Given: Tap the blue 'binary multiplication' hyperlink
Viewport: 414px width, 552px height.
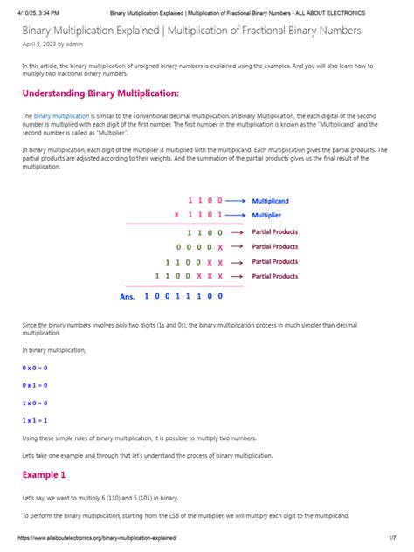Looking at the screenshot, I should pos(62,115).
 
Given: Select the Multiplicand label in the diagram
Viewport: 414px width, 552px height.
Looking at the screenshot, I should pos(270,201).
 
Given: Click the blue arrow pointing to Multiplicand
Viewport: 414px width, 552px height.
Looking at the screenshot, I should pos(236,201).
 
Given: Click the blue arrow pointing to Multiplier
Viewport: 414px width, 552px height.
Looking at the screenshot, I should pos(236,215).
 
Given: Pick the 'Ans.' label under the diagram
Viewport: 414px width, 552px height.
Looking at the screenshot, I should pos(128,297).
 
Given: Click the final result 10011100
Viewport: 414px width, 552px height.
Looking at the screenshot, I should pos(183,297).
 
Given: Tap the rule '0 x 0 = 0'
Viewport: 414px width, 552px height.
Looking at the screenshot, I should pos(35,369).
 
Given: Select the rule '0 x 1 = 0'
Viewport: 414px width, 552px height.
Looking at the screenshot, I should pos(35,385).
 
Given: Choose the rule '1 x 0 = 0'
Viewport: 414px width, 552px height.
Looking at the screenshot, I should pos(35,403).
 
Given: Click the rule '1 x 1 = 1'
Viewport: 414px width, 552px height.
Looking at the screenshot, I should pos(35,420).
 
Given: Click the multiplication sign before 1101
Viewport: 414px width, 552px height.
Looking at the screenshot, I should pos(176,215).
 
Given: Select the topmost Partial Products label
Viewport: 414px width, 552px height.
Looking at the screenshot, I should pos(274,233).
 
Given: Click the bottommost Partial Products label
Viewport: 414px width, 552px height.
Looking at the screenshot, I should pos(274,276).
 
